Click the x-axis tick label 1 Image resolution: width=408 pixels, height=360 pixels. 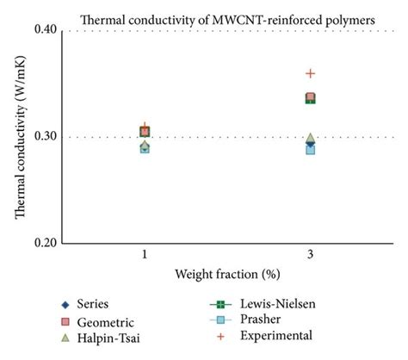(x=145, y=258)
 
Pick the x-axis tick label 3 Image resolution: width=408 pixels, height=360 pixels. (x=310, y=258)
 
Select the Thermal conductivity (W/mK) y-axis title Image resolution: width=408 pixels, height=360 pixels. (x=23, y=137)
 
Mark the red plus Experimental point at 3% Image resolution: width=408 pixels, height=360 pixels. (x=311, y=74)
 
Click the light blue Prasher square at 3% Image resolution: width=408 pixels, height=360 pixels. (x=311, y=150)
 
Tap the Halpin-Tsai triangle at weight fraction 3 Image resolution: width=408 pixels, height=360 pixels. (x=311, y=138)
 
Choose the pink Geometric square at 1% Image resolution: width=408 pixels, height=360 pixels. (x=145, y=132)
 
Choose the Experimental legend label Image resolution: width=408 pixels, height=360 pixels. (x=278, y=335)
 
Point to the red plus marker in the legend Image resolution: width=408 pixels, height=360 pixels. (x=219, y=336)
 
